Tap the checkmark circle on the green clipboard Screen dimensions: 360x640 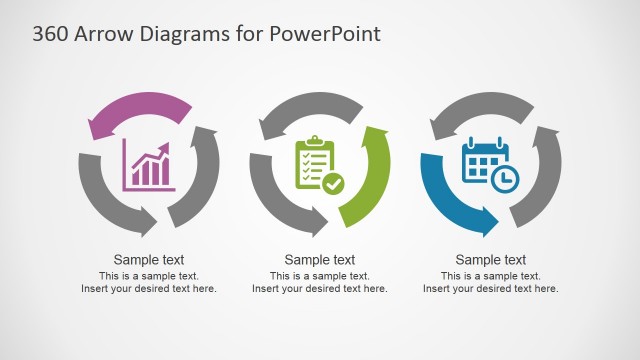(333, 183)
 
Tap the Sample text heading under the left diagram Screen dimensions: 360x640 (149, 260)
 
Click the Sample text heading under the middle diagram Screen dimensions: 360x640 (320, 260)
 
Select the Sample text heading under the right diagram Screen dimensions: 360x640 (491, 260)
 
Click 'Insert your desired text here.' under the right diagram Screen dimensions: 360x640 (491, 289)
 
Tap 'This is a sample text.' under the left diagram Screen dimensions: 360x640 (149, 275)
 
